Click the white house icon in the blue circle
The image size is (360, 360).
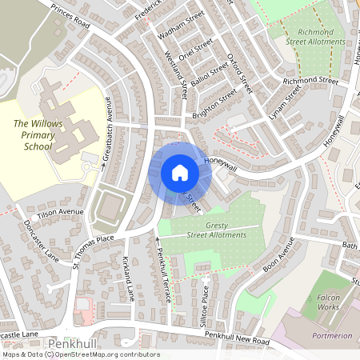click(x=179, y=173)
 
